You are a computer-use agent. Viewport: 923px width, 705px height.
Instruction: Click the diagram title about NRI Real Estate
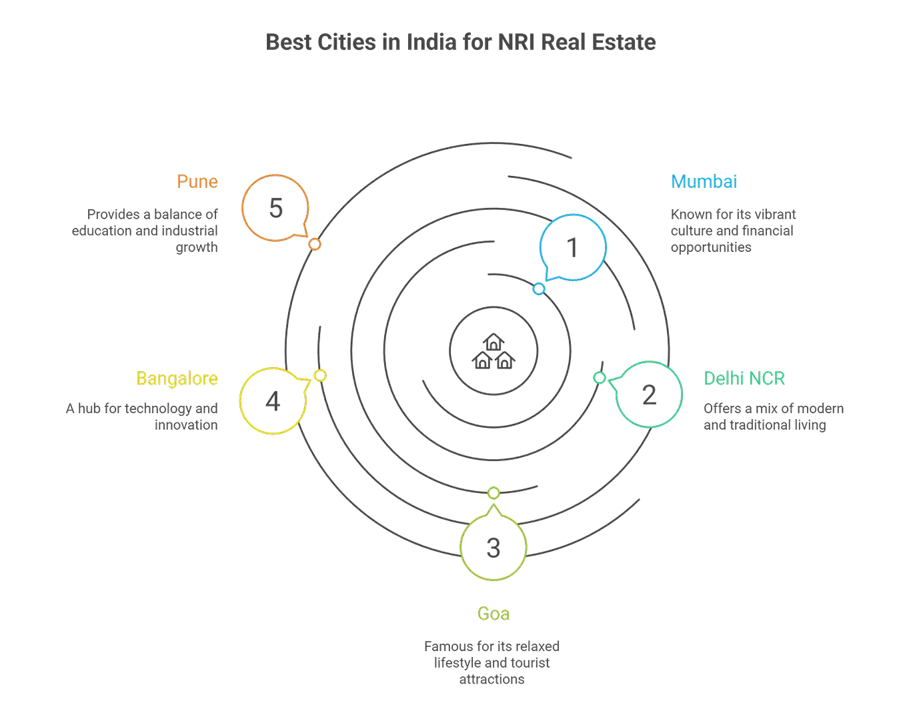[x=461, y=43]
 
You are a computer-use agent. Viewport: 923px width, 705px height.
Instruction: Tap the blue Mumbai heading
[x=704, y=181]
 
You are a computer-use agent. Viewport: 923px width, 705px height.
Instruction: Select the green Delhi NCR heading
[x=744, y=378]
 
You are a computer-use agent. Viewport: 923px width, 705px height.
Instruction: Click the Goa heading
[x=494, y=613]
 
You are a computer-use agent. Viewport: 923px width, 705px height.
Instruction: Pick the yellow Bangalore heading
[x=177, y=378]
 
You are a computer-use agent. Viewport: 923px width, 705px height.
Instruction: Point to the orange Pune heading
[x=197, y=181]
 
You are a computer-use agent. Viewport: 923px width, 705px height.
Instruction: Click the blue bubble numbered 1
[x=573, y=247]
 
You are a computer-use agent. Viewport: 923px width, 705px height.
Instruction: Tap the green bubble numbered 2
[x=648, y=394]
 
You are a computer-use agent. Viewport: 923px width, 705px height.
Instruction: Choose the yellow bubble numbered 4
[x=273, y=401]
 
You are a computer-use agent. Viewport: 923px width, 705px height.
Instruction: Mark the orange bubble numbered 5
[x=275, y=209]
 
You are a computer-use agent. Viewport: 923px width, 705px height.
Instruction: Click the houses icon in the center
[x=493, y=352]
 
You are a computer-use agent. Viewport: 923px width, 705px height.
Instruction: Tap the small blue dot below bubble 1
[x=539, y=289]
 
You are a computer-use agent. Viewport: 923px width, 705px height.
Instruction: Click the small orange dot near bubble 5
[x=315, y=244]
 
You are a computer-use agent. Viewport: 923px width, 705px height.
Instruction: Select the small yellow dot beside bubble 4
[x=320, y=376]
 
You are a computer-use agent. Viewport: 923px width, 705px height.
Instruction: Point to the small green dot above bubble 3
[x=494, y=493]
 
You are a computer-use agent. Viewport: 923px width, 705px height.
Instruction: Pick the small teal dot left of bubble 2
[x=600, y=378]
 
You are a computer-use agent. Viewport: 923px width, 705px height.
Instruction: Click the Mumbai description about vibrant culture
[x=733, y=231]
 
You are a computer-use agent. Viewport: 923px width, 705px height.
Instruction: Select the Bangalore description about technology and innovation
[x=142, y=416]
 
